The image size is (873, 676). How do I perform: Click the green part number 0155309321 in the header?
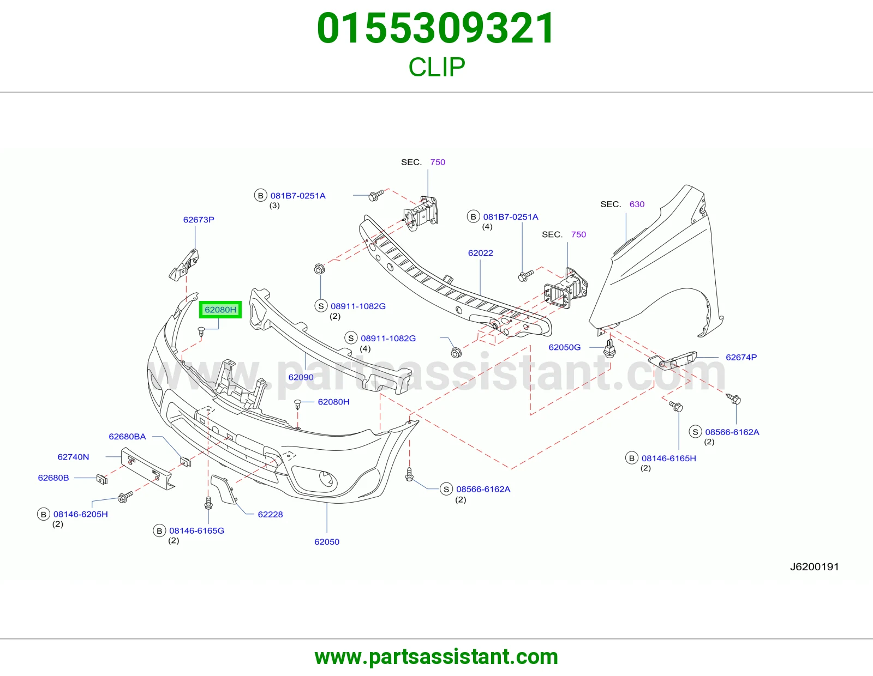[436, 28]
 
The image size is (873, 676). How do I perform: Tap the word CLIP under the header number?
[436, 67]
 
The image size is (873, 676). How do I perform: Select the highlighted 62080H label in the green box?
[220, 310]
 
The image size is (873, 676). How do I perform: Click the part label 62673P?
[199, 220]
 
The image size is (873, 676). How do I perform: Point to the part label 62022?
[481, 253]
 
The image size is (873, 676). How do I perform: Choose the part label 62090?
[301, 377]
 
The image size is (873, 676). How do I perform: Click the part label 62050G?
[565, 347]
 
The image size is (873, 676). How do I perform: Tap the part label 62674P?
[741, 357]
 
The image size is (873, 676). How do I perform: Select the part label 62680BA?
[127, 436]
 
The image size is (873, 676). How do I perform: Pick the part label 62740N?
[73, 457]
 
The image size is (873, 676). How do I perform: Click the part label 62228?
[271, 514]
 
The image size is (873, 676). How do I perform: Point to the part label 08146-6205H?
[80, 514]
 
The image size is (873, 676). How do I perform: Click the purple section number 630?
[637, 204]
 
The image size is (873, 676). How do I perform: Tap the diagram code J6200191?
[814, 567]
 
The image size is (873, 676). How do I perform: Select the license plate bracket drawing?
[148, 468]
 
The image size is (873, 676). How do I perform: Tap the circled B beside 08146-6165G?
[159, 530]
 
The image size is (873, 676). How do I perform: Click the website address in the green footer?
[436, 657]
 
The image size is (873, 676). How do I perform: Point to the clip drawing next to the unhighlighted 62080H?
[298, 404]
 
